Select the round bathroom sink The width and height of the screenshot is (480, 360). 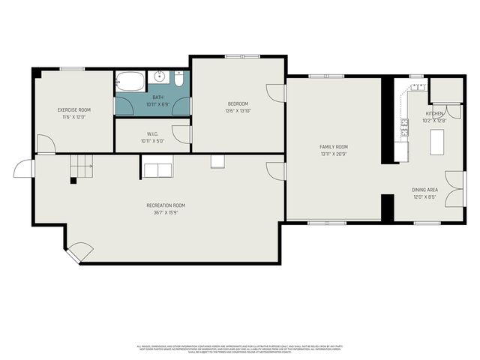coord(160,76)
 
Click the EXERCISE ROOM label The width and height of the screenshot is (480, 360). coord(74,110)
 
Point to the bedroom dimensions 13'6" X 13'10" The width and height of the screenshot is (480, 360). coord(238,111)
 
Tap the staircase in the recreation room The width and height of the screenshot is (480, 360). coord(82,166)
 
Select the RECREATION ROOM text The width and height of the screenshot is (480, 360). coord(166,205)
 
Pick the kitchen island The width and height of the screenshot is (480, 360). coord(436,141)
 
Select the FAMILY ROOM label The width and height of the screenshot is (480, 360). coord(334,147)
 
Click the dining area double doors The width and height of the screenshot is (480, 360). coord(453,187)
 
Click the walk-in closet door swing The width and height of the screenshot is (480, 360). coord(181,134)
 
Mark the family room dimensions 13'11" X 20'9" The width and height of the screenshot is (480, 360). coord(334,154)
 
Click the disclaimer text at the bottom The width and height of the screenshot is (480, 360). coord(239,348)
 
